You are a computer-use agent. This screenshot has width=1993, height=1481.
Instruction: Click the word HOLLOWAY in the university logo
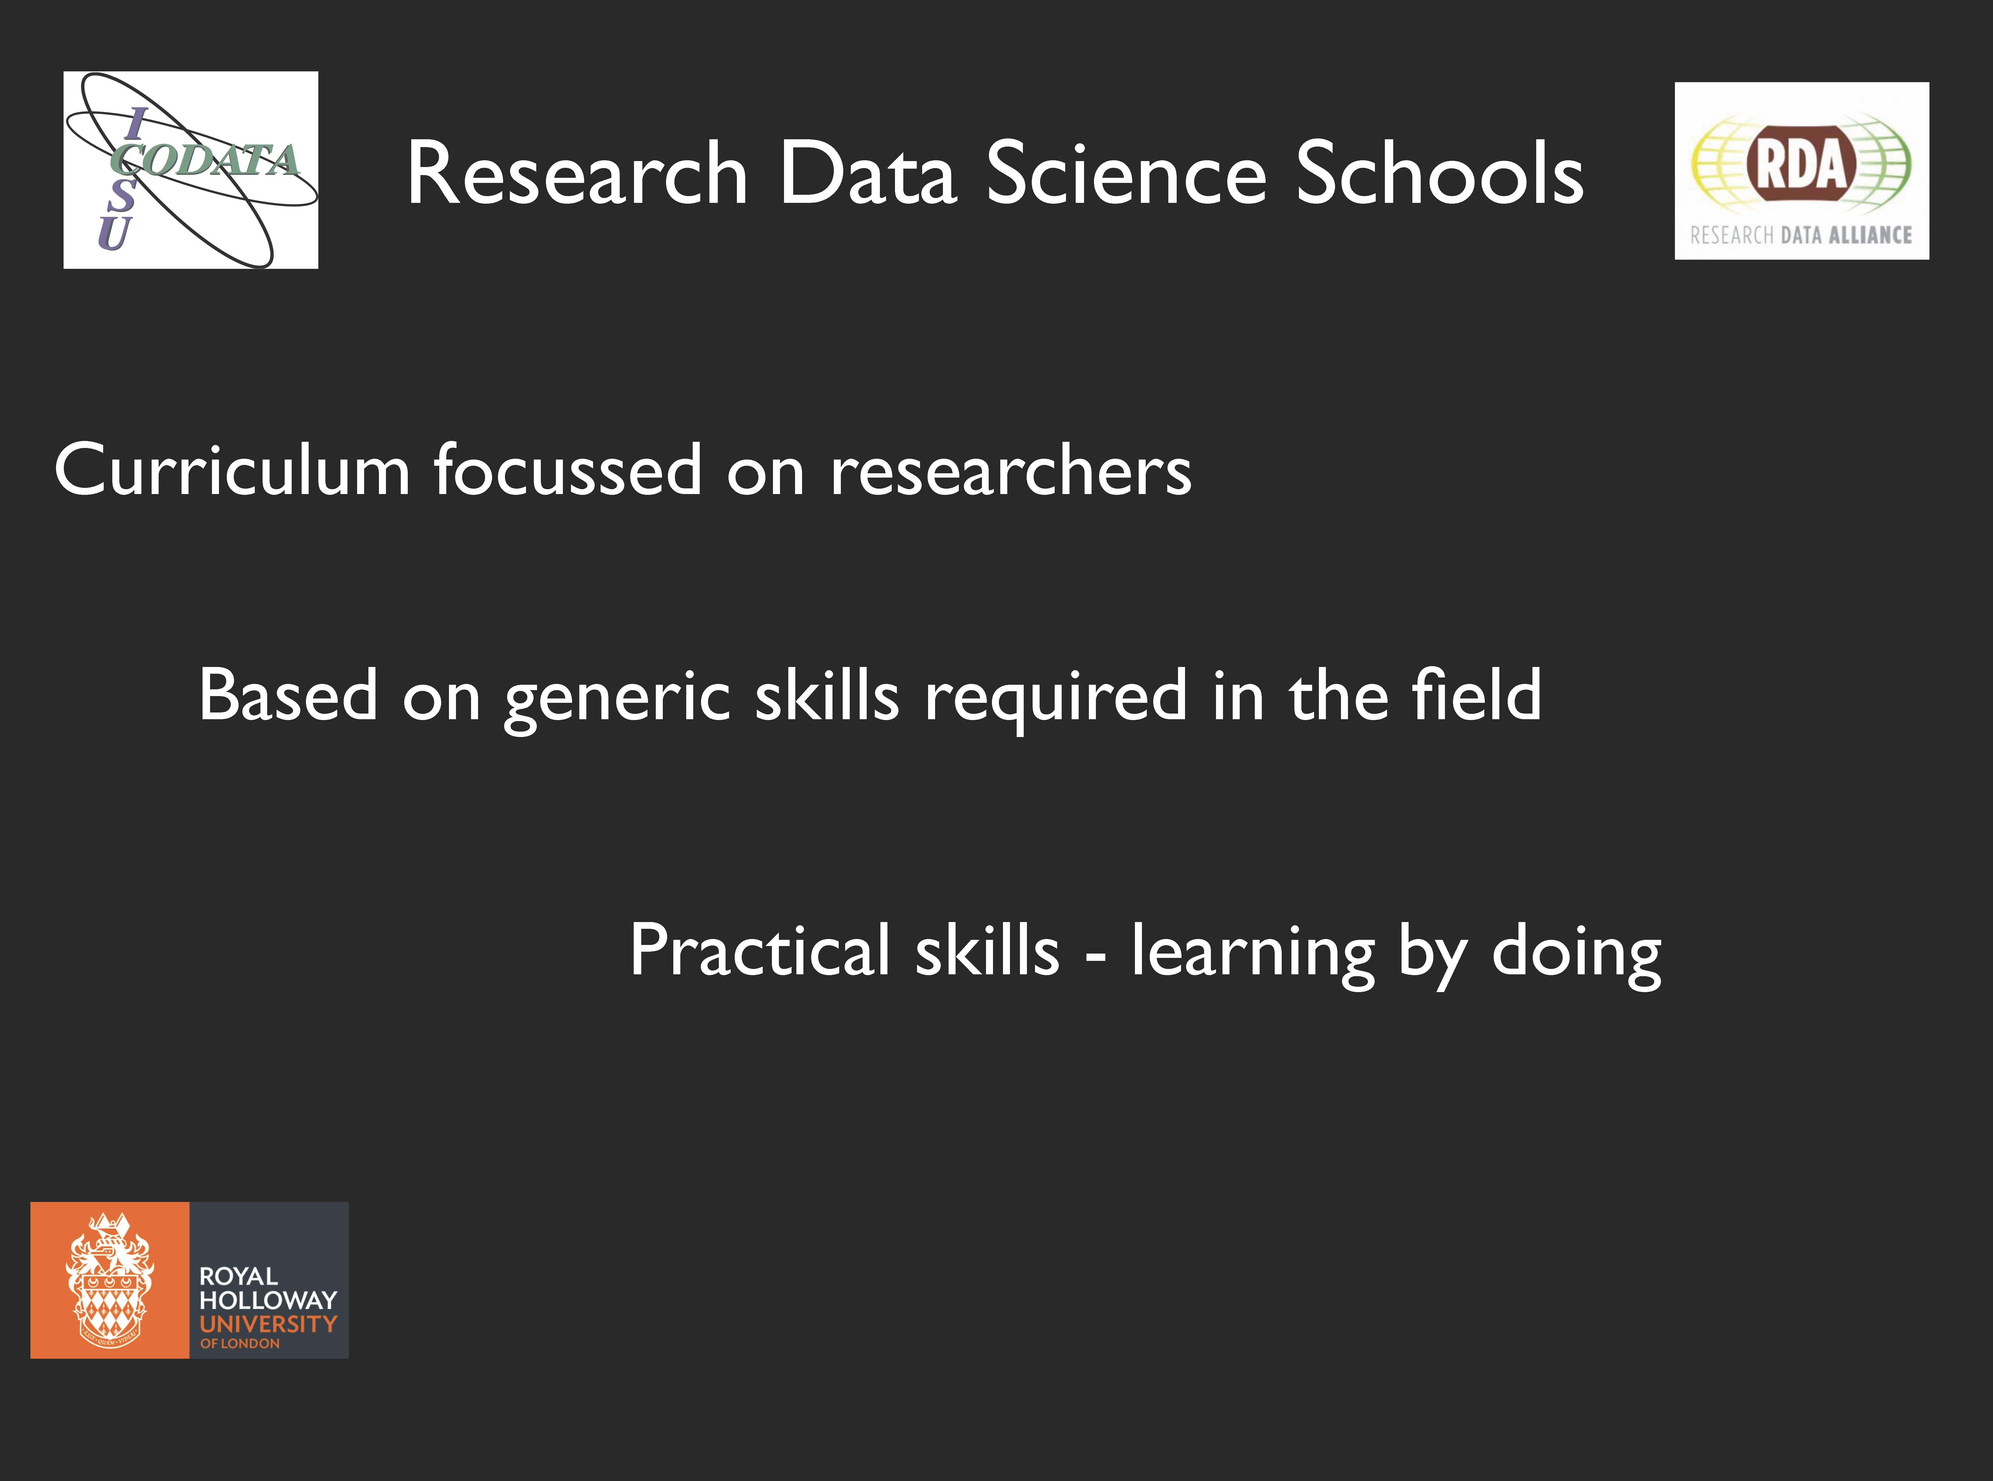click(268, 1300)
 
